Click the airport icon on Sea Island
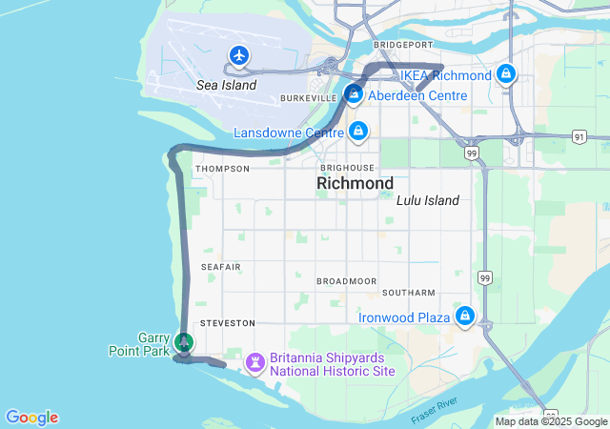click(x=238, y=56)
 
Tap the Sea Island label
click(x=226, y=85)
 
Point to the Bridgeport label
click(x=396, y=45)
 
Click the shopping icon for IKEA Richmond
click(x=507, y=74)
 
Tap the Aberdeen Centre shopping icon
click(x=354, y=94)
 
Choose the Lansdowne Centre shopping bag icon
click(x=357, y=131)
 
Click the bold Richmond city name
click(x=355, y=182)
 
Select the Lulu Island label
click(x=427, y=200)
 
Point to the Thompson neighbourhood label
click(x=222, y=169)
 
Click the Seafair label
click(x=221, y=267)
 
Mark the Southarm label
click(x=408, y=292)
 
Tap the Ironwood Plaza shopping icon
click(x=464, y=316)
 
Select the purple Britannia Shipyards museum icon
click(x=254, y=362)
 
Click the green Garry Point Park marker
click(x=184, y=341)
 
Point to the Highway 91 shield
click(x=579, y=136)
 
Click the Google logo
click(x=31, y=418)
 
